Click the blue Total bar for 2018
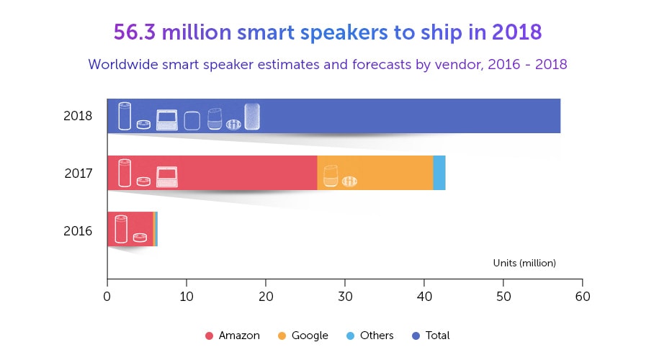403,116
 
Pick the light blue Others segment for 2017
439,173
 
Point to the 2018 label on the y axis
78,116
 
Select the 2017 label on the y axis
78,174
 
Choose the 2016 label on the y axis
78,231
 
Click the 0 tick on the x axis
107,295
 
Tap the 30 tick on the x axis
345,295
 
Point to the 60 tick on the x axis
582,295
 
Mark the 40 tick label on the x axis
424,295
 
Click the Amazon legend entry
233,336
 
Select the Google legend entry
303,336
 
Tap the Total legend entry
431,336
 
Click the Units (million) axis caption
524,263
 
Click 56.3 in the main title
134,33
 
